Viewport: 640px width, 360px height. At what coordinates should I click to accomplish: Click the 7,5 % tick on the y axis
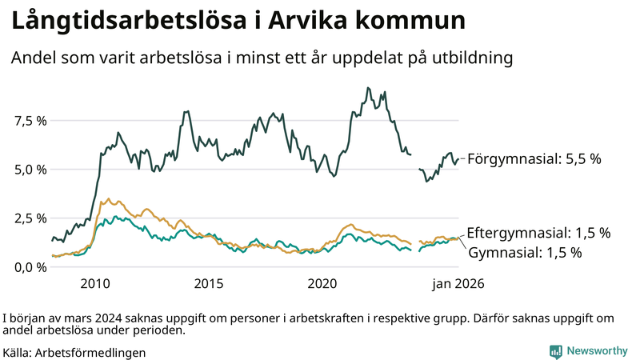coord(29,121)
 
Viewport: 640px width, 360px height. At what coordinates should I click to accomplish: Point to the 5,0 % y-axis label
coord(29,170)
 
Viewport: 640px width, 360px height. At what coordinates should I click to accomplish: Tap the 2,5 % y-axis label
coord(29,218)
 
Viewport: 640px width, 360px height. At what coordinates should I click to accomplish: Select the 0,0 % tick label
coord(29,267)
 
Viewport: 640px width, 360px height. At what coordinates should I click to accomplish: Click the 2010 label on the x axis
coord(94,283)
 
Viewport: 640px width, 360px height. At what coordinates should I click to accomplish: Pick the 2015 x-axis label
coord(209,283)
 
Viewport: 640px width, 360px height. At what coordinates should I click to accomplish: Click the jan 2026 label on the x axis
coord(458,283)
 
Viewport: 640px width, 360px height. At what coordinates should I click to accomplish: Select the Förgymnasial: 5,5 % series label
coord(534,159)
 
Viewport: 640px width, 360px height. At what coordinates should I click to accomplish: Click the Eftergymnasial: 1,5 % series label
coord(538,234)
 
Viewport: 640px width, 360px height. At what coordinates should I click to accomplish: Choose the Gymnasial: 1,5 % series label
coord(524,253)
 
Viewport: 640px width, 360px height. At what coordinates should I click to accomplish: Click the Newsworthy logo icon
coord(555,351)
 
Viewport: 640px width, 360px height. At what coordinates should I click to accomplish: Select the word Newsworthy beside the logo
coord(597,351)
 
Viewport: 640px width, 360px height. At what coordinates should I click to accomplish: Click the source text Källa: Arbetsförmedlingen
coord(74,352)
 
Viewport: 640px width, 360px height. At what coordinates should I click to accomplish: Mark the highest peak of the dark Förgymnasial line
coord(367,88)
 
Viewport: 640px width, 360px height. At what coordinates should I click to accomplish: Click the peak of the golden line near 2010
coord(109,199)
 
